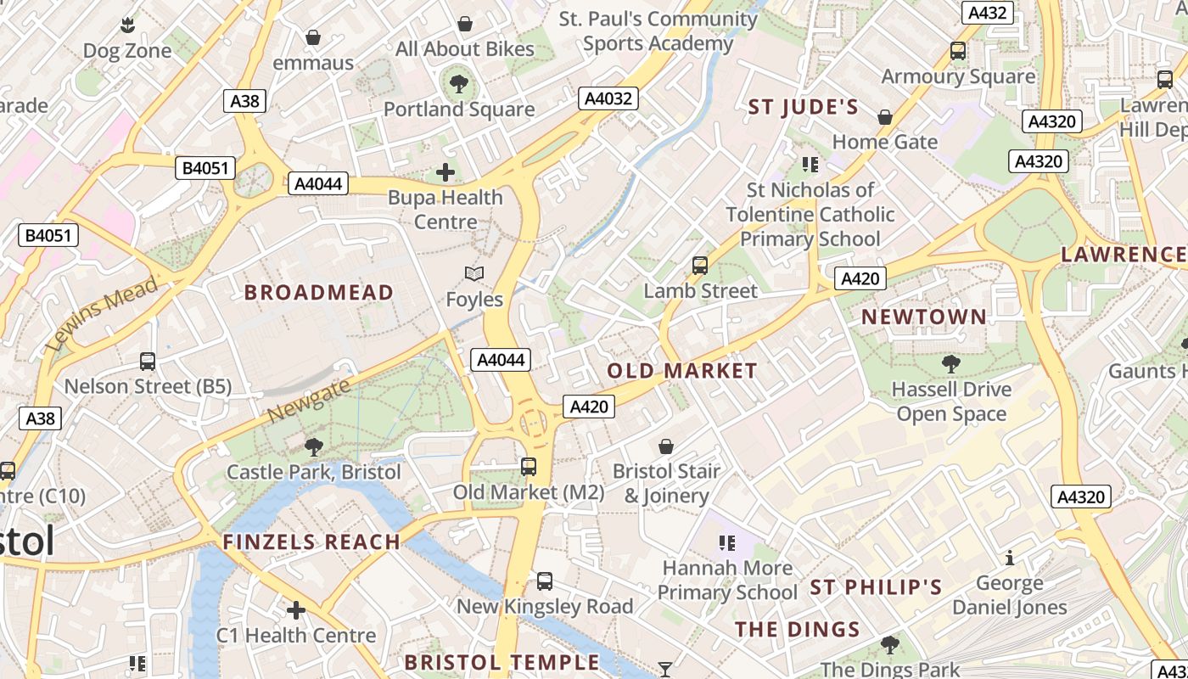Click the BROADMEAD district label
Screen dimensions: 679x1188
[318, 293]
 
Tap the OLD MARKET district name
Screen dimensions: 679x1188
[681, 371]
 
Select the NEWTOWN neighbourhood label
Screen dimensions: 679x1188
[924, 317]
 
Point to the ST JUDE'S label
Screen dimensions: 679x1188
[803, 108]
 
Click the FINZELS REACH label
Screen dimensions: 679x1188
[311, 542]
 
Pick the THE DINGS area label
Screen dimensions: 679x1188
[797, 630]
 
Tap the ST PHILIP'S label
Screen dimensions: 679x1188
[876, 587]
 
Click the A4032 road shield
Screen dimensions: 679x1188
[608, 98]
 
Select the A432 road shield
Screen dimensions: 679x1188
[987, 13]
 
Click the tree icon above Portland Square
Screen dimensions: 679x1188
[459, 84]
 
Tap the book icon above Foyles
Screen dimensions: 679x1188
[474, 274]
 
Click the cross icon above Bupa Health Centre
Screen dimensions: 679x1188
[445, 173]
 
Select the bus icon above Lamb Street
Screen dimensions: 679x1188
[700, 266]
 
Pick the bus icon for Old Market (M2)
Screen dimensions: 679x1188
[529, 467]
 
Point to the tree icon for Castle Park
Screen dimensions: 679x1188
[314, 446]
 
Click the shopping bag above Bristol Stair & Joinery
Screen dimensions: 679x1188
[666, 446]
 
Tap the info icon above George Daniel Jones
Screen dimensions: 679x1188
[1010, 558]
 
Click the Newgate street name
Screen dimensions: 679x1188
[308, 401]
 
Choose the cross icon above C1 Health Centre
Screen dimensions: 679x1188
[296, 610]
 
